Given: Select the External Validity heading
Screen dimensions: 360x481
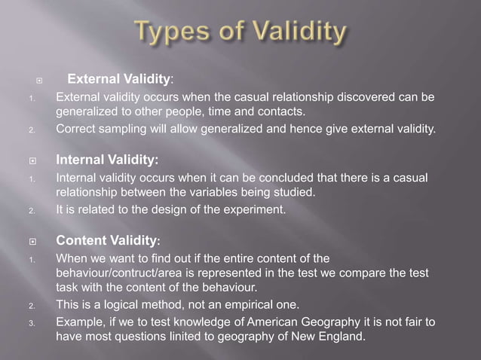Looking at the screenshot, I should click(121, 78).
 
